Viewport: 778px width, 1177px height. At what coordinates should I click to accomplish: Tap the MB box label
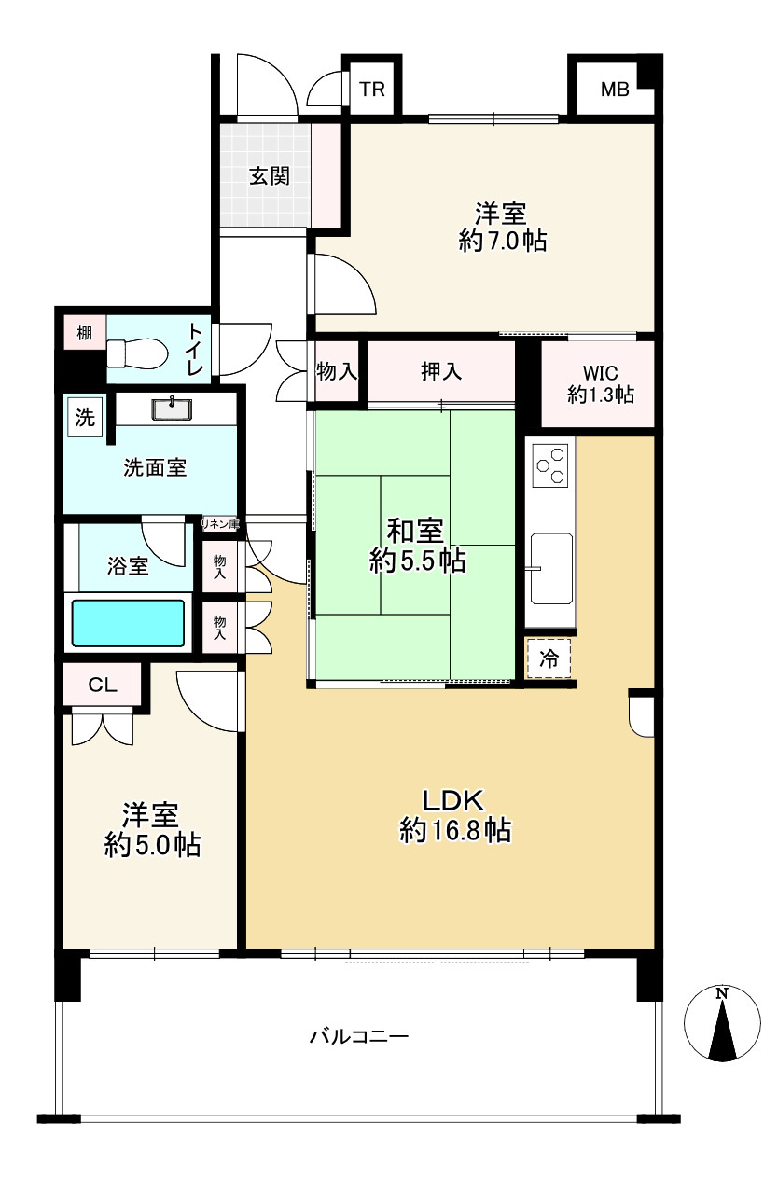click(x=615, y=90)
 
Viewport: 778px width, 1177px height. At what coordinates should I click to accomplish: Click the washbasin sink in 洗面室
click(x=172, y=408)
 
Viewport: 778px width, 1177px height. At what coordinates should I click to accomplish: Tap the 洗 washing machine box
click(x=85, y=419)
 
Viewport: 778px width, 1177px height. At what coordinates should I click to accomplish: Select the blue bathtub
click(x=128, y=624)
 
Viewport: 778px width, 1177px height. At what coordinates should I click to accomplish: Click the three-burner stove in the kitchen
click(x=549, y=464)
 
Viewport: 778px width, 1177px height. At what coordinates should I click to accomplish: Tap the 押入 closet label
click(x=441, y=372)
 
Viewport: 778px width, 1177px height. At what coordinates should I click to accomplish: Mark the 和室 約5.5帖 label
click(x=417, y=546)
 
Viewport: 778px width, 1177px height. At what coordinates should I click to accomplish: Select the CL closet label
click(x=102, y=685)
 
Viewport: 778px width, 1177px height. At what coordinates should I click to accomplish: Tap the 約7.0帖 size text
click(x=502, y=242)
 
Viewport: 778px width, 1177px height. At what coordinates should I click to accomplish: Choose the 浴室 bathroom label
click(x=128, y=565)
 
